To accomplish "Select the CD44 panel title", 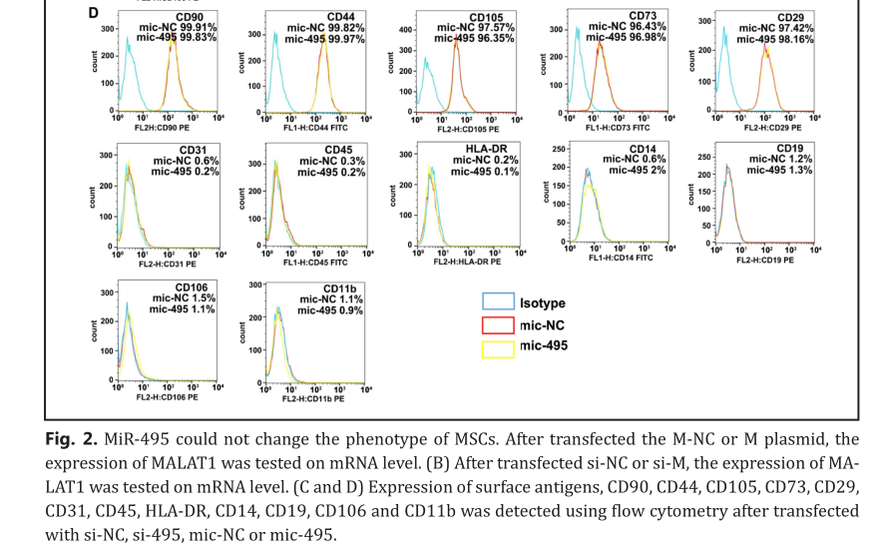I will pos(339,18).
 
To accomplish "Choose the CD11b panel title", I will pos(339,287).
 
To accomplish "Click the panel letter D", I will pos(93,13).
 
